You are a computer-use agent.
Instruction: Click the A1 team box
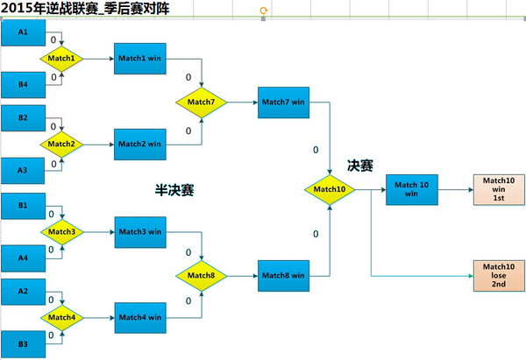(24, 33)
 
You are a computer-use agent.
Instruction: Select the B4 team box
(24, 84)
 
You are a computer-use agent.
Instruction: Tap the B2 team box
(24, 117)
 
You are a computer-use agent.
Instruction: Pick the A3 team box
(24, 169)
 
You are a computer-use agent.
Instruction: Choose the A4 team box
(24, 258)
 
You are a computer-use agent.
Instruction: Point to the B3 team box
(24, 344)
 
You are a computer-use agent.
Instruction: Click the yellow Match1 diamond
(61, 59)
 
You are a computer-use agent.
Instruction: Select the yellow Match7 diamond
(201, 102)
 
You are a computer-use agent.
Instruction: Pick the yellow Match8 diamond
(201, 275)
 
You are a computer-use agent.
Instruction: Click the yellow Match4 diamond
(61, 317)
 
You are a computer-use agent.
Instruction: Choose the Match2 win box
(141, 144)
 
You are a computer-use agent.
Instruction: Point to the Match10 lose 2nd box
(498, 275)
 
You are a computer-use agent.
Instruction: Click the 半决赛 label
(174, 188)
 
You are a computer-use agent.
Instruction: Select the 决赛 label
(360, 165)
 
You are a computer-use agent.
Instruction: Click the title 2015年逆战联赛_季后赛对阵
(86, 9)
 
